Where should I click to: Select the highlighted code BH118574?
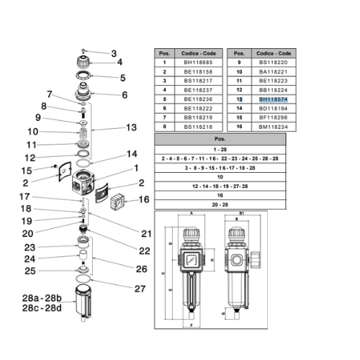[273, 99]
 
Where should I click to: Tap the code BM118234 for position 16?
[273, 126]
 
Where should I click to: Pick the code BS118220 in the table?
[273, 63]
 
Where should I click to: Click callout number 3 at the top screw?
[113, 53]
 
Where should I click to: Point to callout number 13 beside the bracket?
[130, 127]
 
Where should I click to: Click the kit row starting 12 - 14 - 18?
[225, 184]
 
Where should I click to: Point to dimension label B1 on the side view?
[241, 214]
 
